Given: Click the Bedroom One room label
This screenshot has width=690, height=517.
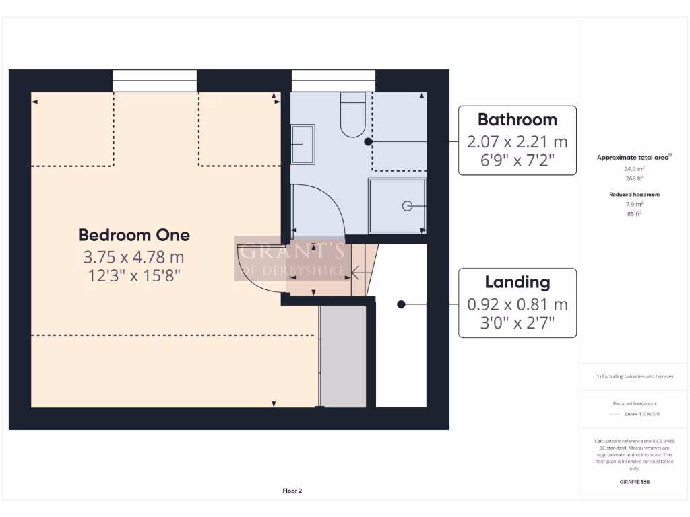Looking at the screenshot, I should [x=134, y=235].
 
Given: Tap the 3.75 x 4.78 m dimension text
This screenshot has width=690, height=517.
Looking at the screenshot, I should [x=134, y=257].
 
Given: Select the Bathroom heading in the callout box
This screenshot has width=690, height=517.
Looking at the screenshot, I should [x=517, y=120].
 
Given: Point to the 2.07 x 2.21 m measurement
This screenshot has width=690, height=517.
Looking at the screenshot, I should [x=517, y=142].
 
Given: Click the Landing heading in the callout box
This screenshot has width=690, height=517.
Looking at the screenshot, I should [x=517, y=282].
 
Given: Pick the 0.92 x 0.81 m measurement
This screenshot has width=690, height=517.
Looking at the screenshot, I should [x=517, y=304].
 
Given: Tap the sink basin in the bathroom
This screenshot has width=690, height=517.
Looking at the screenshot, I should [x=303, y=144].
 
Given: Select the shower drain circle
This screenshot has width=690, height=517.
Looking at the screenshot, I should [x=406, y=206].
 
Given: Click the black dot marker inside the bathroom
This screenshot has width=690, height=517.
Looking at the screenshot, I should [x=368, y=142].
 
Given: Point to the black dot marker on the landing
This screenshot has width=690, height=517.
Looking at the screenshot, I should [x=401, y=304].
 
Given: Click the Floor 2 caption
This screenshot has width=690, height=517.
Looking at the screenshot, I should [x=292, y=491].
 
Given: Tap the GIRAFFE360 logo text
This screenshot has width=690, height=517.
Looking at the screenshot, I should [x=633, y=482].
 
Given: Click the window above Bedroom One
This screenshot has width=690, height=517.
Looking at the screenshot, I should [x=154, y=79].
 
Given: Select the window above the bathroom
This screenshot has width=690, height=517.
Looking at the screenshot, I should [x=334, y=79].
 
